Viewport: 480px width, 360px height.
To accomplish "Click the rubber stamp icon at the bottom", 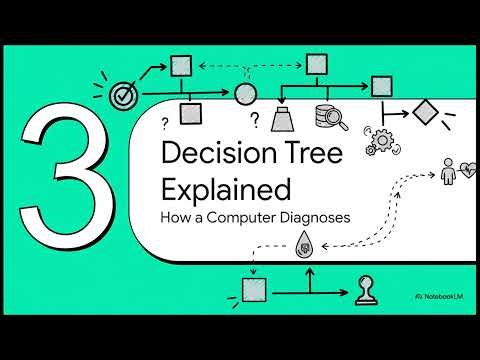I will tap(366, 291).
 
